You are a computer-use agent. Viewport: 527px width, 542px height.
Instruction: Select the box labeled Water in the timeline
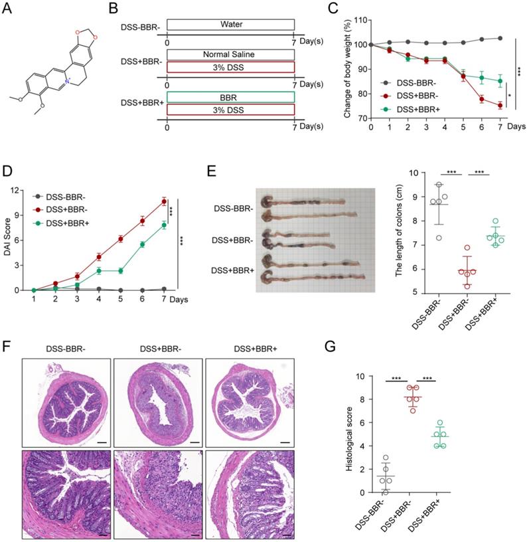point(230,25)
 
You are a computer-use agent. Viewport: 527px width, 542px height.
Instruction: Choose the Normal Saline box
point(230,54)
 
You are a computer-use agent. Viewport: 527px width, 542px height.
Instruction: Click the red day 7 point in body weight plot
point(499,105)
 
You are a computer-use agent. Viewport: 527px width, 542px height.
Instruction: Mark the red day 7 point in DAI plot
point(164,201)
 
